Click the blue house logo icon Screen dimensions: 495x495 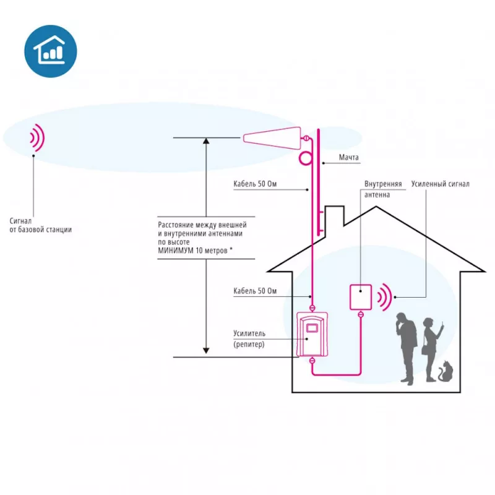51,51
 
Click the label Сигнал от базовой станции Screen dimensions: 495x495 40,225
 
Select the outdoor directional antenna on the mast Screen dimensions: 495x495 272,138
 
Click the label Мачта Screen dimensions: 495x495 348,157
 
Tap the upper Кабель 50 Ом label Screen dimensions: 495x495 255,184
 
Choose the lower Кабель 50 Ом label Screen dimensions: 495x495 255,291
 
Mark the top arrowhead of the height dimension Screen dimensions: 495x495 206,140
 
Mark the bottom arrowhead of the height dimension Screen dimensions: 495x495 206,351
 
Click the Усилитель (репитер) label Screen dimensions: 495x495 249,338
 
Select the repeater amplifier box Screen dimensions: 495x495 312,334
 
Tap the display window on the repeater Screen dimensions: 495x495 312,328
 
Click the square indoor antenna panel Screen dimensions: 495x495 361,297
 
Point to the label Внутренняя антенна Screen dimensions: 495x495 383,189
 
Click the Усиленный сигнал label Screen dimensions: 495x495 440,184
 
